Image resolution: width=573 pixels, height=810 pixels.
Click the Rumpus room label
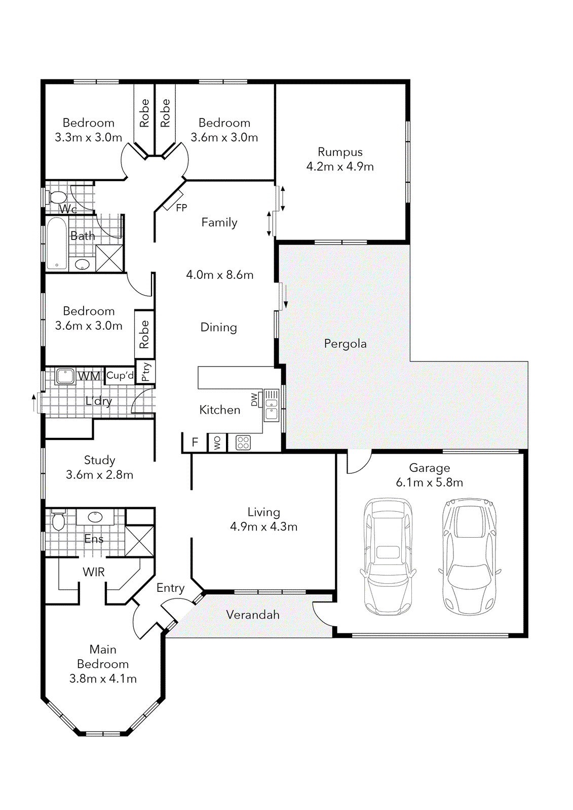tap(340, 152)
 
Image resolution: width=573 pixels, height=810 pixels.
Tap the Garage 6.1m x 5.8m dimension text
tap(429, 482)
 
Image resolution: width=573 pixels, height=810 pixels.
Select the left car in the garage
tap(388, 556)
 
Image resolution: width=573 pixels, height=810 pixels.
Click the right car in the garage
tap(469, 556)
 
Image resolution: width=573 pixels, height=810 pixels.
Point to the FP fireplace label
tap(181, 208)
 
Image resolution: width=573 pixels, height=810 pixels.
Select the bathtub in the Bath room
tap(57, 244)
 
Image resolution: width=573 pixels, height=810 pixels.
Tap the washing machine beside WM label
tap(65, 376)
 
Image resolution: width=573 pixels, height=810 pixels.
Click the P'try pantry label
tap(146, 372)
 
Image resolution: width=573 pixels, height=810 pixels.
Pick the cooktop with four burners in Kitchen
tap(243, 443)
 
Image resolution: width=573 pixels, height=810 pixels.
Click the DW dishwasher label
tap(254, 399)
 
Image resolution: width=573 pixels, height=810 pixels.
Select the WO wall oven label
tap(217, 443)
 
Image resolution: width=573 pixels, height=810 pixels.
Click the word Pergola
tap(345, 344)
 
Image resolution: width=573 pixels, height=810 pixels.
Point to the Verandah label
tap(253, 615)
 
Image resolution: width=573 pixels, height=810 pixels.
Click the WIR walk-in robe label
tap(94, 572)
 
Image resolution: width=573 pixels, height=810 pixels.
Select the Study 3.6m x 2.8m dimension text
tap(100, 475)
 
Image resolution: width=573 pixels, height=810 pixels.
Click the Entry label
tap(170, 588)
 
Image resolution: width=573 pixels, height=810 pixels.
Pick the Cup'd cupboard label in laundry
tap(120, 375)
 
